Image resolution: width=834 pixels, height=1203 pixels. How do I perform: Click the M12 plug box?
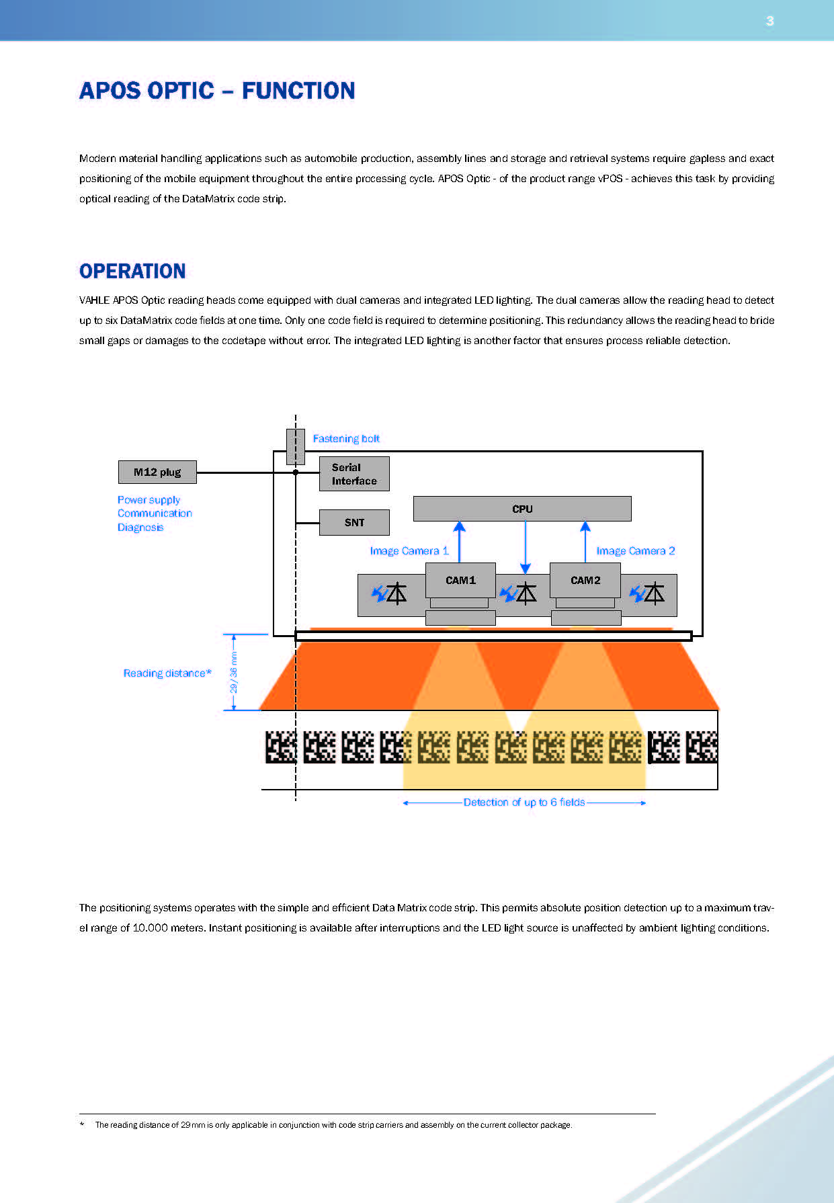coord(157,472)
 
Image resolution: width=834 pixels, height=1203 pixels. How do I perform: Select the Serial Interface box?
coord(354,474)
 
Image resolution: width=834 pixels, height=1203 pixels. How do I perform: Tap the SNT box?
coord(354,522)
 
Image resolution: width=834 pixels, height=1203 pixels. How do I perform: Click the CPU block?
coord(522,509)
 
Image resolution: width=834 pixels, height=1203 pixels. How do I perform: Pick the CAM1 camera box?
coord(460,580)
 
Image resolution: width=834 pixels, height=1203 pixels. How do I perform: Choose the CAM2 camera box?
coord(585,580)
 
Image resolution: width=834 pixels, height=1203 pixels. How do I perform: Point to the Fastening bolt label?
coord(346,439)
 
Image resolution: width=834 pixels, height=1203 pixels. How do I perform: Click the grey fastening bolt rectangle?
coord(296,446)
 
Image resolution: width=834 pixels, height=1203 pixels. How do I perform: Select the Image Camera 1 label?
coord(409,551)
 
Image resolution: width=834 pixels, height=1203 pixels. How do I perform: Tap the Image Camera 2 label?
coord(636,551)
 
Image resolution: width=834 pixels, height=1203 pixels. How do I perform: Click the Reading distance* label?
coord(167,673)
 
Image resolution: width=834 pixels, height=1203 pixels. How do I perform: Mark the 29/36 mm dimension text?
coord(234,672)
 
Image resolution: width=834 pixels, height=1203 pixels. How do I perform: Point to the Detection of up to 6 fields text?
coord(524,802)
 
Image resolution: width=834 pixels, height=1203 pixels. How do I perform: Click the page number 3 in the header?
coord(770,22)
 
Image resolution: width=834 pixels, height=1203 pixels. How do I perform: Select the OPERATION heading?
coord(132,271)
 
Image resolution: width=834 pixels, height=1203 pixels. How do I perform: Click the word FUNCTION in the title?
coord(298,91)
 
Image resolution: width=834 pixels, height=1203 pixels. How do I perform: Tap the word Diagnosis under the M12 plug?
coord(140,528)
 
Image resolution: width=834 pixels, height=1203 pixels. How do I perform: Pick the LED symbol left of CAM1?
coord(389,594)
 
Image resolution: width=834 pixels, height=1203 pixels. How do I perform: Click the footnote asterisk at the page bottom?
coord(82,1125)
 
